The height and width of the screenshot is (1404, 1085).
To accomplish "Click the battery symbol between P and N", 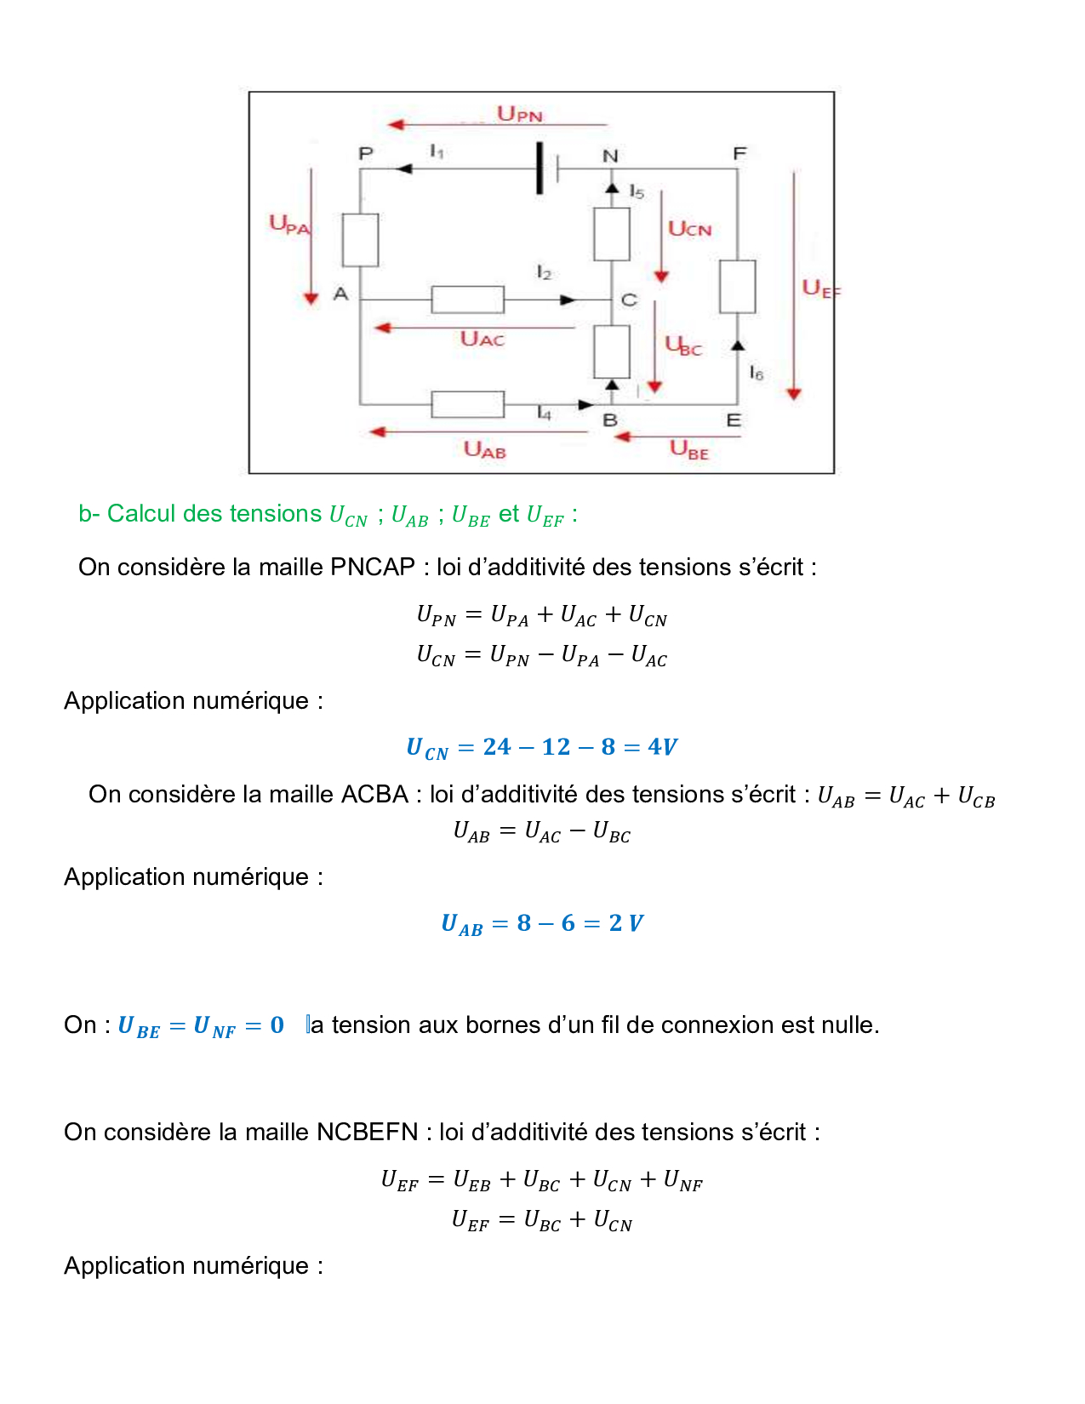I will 545,168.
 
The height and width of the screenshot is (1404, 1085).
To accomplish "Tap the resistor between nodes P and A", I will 360,240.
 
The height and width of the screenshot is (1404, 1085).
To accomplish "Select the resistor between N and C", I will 611,234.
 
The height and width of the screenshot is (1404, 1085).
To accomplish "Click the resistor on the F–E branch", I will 737,287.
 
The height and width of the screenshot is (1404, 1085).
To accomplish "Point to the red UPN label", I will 519,114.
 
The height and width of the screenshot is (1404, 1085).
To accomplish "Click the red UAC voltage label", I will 482,340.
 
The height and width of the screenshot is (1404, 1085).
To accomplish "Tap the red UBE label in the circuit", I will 688,449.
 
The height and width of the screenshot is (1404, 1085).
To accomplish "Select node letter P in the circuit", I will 366,154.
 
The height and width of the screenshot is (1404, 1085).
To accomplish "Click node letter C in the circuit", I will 629,300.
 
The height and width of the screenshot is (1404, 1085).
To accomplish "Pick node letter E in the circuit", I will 734,420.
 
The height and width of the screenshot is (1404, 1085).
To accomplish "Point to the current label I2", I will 544,273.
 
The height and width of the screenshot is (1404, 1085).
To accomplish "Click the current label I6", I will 756,373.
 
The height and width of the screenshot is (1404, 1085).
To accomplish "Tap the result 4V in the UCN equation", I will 662,747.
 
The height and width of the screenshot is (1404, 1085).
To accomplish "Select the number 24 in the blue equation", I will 497,747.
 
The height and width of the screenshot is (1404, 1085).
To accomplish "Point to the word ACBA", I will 374,795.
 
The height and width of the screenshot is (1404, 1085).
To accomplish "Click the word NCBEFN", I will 368,1133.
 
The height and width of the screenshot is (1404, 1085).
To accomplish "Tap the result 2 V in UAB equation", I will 625,923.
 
